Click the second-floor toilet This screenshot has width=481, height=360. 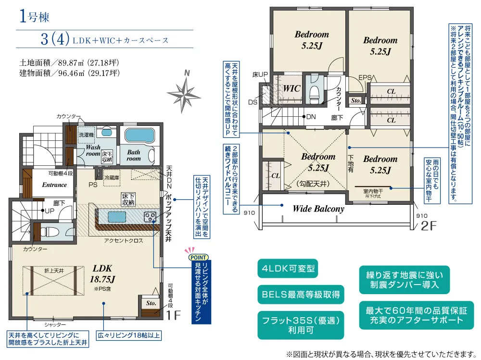click(x=315, y=91)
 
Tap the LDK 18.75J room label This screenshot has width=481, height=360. click(x=103, y=274)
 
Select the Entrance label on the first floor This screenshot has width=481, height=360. click(x=54, y=185)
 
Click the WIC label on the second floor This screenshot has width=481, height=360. click(x=291, y=88)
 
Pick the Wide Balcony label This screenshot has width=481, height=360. click(x=318, y=209)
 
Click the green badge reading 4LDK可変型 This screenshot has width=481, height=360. click(x=288, y=269)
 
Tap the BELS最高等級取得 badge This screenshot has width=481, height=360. click(x=301, y=295)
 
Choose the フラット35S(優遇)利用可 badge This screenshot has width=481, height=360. click(x=301, y=325)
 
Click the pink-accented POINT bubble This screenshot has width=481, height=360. click(x=198, y=257)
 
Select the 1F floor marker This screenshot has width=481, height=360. click(x=173, y=315)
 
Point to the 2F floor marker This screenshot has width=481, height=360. click(x=428, y=226)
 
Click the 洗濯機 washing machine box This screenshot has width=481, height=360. click(x=86, y=135)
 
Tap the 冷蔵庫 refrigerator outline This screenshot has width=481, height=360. click(x=112, y=177)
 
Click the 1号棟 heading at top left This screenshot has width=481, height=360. click(x=34, y=16)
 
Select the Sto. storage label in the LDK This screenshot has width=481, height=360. click(x=151, y=303)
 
